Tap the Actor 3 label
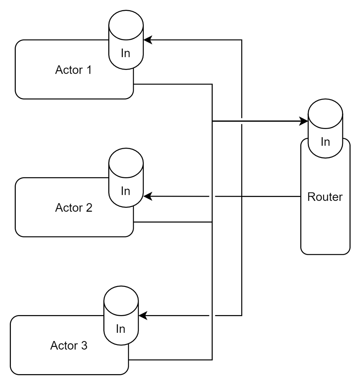pyautogui.click(x=69, y=345)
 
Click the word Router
pyautogui.click(x=325, y=197)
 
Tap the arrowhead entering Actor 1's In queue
pyautogui.click(x=148, y=39)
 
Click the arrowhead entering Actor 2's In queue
pyautogui.click(x=148, y=196)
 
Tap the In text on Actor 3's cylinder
pyautogui.click(x=121, y=329)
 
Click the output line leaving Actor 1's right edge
pyautogui.click(x=173, y=84)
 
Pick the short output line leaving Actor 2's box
pyautogui.click(x=173, y=222)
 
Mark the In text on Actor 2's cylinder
pyautogui.click(x=126, y=191)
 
